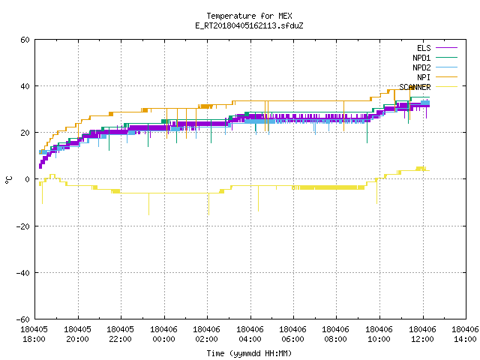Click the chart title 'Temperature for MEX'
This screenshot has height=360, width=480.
[249, 16]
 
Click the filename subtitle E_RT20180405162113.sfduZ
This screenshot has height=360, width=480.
[249, 25]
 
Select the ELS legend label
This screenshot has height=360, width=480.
[424, 48]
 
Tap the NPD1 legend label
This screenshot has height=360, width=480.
[421, 58]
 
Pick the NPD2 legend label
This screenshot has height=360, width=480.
[421, 67]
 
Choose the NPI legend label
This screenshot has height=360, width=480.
[424, 77]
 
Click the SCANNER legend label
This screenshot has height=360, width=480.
[415, 87]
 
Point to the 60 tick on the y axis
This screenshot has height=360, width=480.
[25, 40]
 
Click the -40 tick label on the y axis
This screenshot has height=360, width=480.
[23, 273]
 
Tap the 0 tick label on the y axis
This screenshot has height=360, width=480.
[28, 179]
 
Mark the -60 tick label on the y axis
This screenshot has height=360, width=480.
[23, 319]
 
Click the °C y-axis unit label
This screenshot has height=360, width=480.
[8, 180]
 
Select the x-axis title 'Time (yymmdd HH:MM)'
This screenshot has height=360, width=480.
[249, 353]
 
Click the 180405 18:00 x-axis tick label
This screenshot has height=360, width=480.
[34, 334]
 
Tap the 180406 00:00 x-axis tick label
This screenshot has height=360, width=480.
[163, 334]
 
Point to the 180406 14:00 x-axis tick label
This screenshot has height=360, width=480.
[465, 334]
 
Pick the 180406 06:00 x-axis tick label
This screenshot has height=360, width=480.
[292, 334]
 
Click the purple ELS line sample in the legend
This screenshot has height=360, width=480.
[447, 48]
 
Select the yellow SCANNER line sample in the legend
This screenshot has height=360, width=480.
[447, 87]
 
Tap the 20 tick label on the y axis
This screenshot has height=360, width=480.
[25, 133]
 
